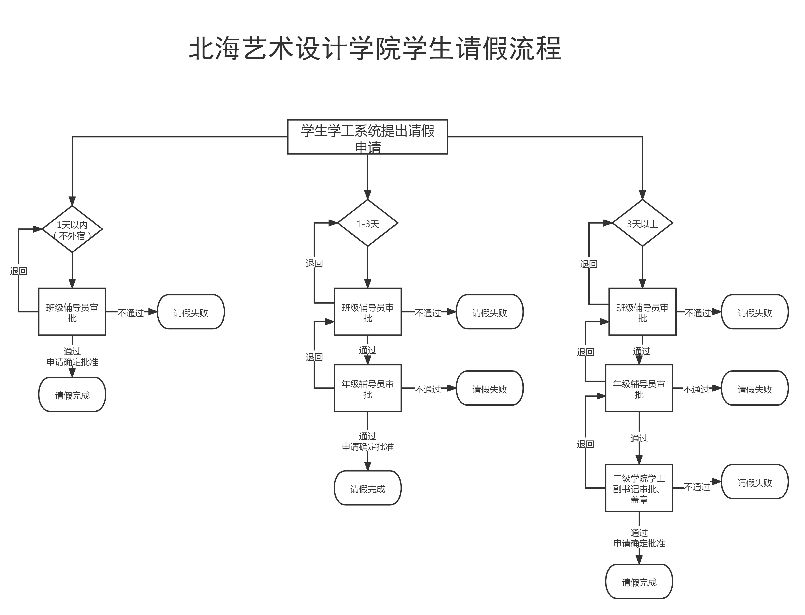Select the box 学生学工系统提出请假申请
(x=367, y=137)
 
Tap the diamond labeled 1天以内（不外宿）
(x=72, y=229)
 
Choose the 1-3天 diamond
(x=367, y=223)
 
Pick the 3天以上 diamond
(x=642, y=223)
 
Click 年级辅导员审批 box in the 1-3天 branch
(x=367, y=388)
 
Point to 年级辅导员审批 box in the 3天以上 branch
(x=639, y=388)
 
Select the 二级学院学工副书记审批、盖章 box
(x=639, y=488)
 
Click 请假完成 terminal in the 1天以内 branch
(x=72, y=395)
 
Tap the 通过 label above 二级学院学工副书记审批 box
(x=639, y=438)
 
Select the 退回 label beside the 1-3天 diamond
(x=314, y=264)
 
